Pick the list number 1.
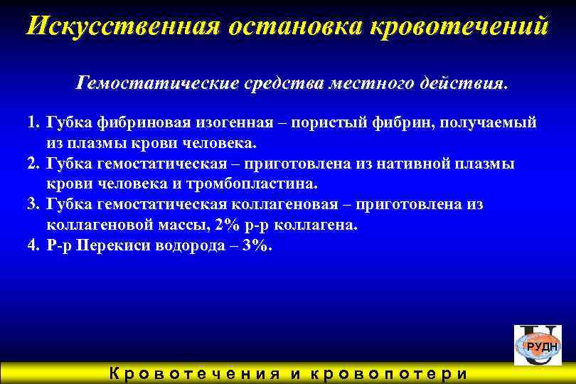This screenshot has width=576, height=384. tap(32, 122)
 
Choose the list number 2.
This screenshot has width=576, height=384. tap(32, 164)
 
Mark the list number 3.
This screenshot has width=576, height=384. tap(32, 205)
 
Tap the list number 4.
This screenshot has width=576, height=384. tap(32, 246)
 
